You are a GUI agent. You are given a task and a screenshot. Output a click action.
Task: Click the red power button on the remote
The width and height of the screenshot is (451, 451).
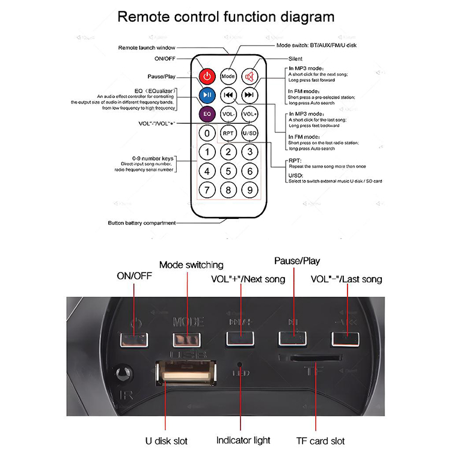[207, 76]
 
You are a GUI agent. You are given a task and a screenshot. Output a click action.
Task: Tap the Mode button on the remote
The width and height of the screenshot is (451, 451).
[227, 76]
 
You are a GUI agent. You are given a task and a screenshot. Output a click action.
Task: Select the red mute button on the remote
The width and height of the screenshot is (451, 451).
[249, 76]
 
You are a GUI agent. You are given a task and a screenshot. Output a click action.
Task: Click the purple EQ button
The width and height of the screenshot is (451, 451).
[207, 113]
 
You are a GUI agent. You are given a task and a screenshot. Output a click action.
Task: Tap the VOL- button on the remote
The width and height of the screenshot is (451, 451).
[227, 114]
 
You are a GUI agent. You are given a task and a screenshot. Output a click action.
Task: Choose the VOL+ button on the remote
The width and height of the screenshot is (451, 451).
[249, 114]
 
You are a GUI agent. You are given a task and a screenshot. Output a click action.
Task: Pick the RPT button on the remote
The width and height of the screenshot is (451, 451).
[227, 133]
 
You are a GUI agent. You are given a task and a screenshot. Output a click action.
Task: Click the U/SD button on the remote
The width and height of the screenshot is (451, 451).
[249, 133]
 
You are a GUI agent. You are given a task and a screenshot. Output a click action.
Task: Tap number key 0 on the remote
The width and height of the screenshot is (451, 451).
[207, 133]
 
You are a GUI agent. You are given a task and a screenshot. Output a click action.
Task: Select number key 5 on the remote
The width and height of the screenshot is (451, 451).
[228, 171]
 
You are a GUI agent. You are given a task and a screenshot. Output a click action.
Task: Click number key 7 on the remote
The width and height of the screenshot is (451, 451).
[207, 191]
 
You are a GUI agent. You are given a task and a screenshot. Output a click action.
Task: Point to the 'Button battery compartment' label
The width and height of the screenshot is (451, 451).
[142, 223]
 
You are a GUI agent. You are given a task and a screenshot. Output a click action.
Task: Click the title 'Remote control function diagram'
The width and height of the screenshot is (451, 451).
[226, 16]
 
